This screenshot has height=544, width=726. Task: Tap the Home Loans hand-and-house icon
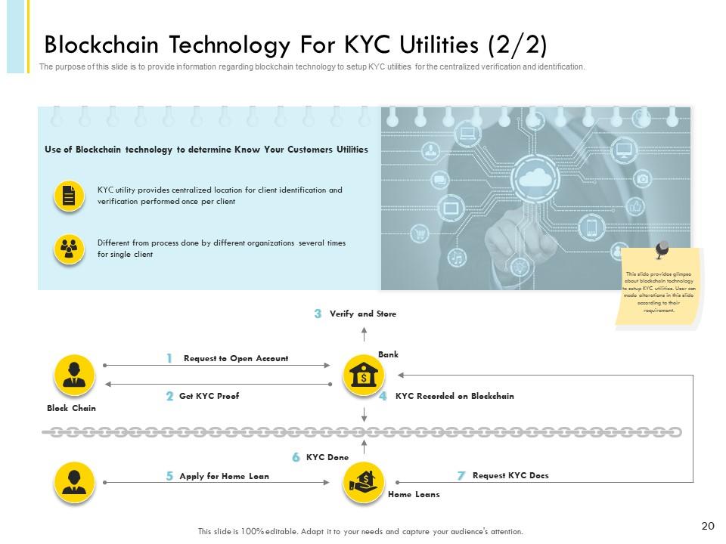364,481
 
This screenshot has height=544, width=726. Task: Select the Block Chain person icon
74,375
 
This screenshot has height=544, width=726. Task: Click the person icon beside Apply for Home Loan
74,481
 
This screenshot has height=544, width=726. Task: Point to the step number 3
318,314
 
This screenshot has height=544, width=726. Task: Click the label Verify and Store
363,314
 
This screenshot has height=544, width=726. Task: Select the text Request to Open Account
236,358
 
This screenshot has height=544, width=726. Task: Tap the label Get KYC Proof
209,396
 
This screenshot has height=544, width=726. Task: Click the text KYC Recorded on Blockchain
455,396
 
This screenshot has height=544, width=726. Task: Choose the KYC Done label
327,457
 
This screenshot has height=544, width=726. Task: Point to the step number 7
461,476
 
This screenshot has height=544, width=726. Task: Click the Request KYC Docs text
510,475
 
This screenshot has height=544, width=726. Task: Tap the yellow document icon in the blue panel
69,196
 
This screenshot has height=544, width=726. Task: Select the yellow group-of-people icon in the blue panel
69,249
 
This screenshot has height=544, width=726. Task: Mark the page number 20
708,526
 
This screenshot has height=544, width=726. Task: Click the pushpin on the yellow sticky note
663,249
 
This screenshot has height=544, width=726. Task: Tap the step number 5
170,476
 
